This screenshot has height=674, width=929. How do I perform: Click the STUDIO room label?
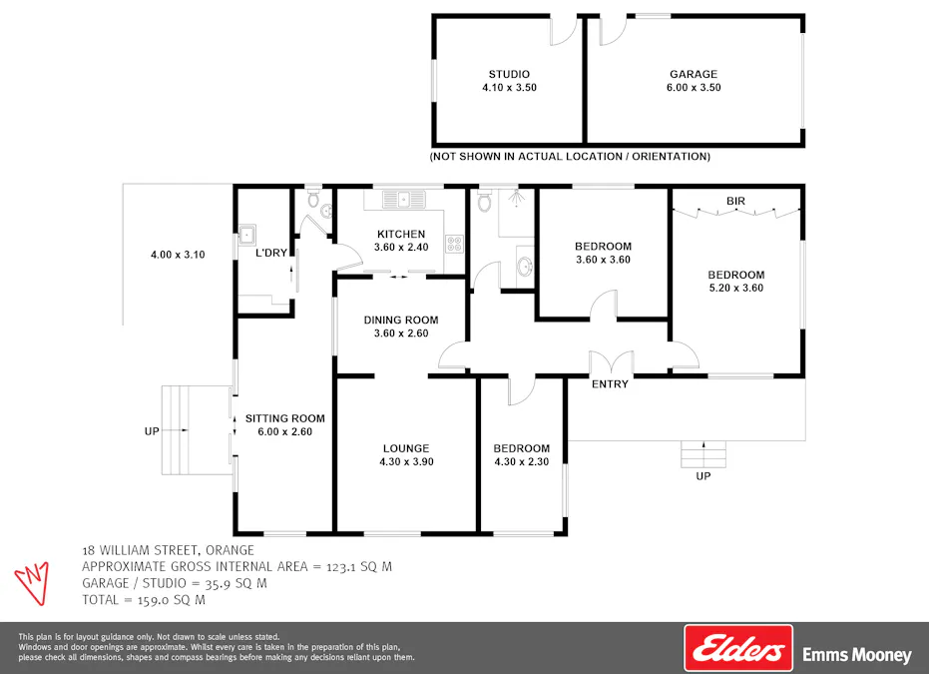(509, 74)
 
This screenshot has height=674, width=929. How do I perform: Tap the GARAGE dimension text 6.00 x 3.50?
(694, 88)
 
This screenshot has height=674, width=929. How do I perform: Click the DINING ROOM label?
(401, 321)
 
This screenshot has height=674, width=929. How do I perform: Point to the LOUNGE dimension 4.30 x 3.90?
(406, 462)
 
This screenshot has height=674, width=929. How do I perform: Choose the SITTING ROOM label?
(285, 418)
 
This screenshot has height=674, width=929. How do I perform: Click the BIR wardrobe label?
(735, 202)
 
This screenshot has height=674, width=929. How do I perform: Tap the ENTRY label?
(610, 384)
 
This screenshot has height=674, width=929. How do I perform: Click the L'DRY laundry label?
(270, 254)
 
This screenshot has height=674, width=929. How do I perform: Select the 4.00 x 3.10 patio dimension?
(178, 255)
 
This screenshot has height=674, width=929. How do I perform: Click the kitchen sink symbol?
(403, 200)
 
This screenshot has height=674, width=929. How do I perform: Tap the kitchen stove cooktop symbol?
(454, 242)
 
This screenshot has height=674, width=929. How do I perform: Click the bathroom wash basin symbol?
(525, 267)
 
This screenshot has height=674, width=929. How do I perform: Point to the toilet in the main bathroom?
(484, 203)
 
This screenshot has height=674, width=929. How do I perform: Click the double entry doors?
(610, 362)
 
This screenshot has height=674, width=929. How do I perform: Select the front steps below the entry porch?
(703, 454)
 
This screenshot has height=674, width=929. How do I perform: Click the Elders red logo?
(737, 649)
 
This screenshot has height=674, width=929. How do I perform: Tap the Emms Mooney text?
(857, 656)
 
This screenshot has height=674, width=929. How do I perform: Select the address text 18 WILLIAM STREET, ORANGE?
(168, 550)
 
